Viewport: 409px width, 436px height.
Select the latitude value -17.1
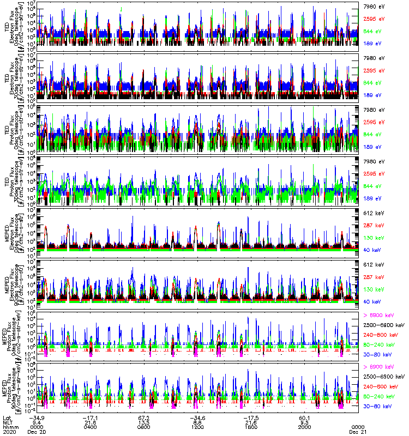tap(91, 417)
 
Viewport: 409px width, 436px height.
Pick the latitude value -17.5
tap(251, 417)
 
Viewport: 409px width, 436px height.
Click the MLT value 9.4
tap(36, 422)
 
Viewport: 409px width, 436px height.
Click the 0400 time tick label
tap(91, 427)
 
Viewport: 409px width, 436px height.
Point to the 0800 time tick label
tap(144, 427)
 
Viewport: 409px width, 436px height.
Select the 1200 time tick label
tap(197, 427)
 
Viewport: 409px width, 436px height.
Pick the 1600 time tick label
tap(250, 427)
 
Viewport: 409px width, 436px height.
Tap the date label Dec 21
tap(358, 432)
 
